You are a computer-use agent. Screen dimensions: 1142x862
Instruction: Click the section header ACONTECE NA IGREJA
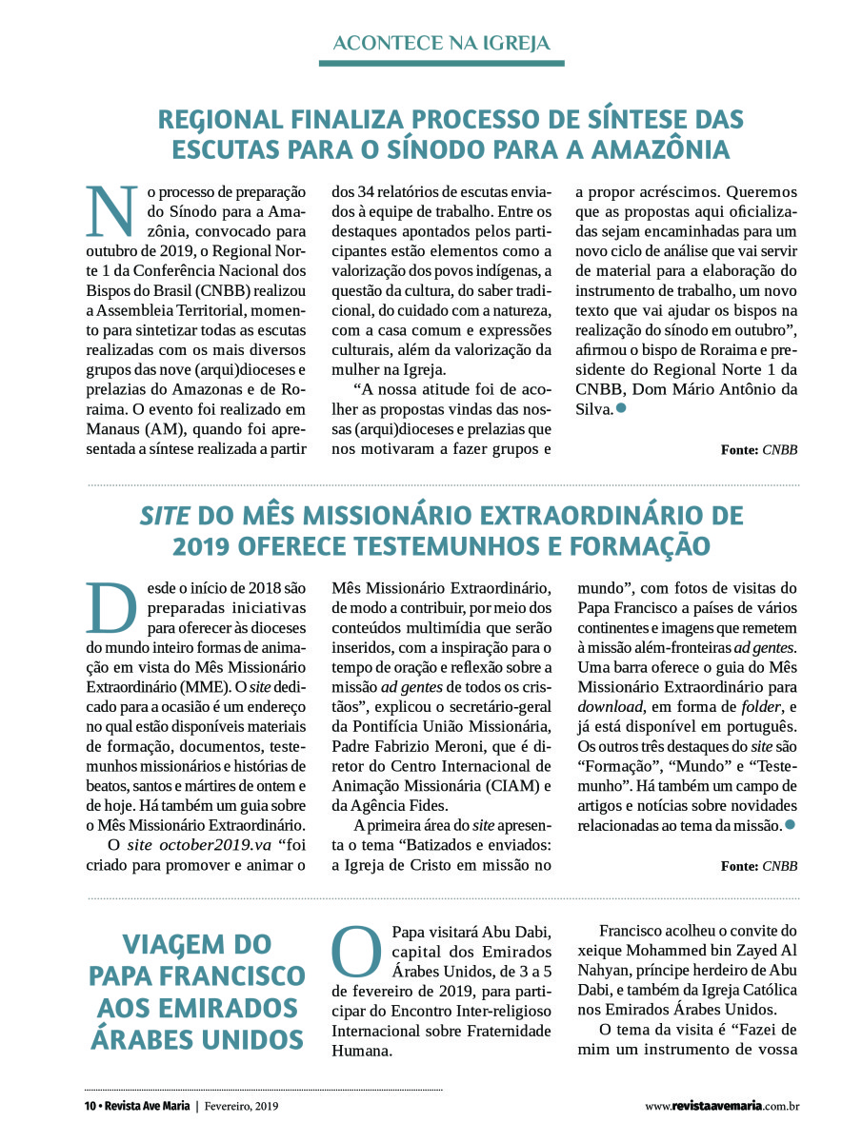point(441,43)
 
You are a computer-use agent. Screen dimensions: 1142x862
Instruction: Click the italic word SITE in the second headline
point(165,517)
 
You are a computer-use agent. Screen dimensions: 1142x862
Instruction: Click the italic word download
point(611,705)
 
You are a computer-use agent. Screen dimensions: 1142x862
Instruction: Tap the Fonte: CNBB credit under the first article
point(759,450)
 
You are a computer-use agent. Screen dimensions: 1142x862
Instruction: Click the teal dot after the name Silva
point(621,408)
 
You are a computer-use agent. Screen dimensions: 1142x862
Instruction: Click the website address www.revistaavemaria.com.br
point(721,1106)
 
